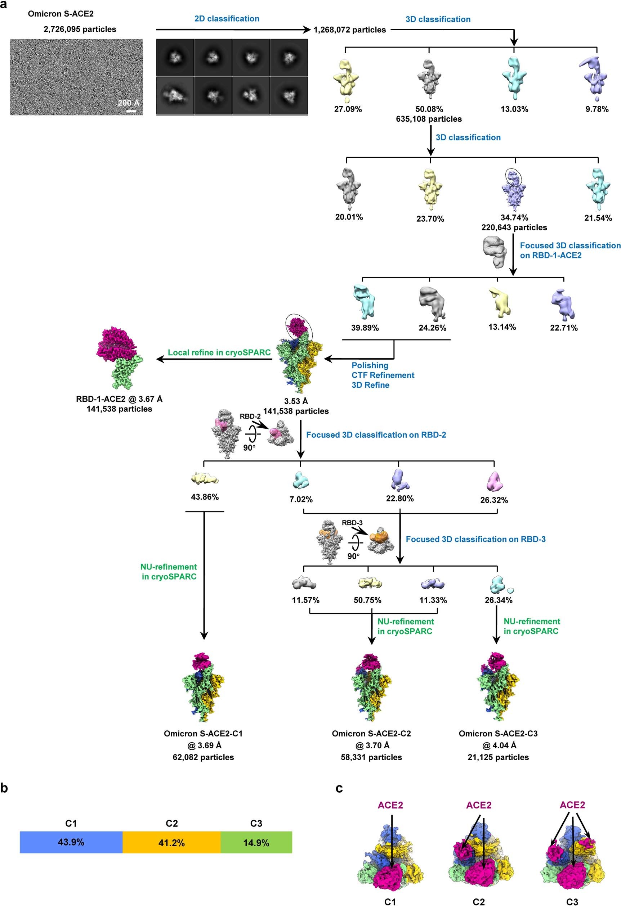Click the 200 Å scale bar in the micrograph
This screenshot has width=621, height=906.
click(131, 112)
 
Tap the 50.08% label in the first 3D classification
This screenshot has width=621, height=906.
click(429, 109)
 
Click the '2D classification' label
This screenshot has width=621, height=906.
click(227, 19)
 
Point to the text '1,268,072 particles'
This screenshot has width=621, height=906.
click(349, 30)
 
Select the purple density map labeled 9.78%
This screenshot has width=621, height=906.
click(594, 76)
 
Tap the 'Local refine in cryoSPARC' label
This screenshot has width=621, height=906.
click(219, 352)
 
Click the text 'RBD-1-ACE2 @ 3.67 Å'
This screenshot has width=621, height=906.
click(119, 399)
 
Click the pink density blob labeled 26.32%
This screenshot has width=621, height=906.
click(495, 482)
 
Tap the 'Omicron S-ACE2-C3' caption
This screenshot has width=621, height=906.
click(498, 734)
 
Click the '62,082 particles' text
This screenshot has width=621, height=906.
click(203, 757)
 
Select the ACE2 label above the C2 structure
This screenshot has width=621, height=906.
click(479, 805)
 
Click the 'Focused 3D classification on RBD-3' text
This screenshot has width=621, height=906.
click(475, 539)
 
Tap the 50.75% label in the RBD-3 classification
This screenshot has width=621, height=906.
click(367, 600)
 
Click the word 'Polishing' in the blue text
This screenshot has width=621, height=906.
click(370, 365)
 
